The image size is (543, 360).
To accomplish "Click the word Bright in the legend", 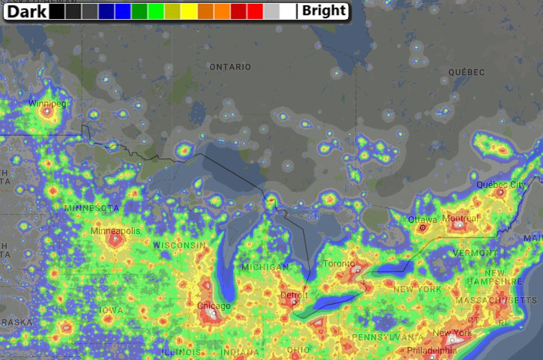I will pos(324,11).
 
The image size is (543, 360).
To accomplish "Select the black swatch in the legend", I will pos(57,11).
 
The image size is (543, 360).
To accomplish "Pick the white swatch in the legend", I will pos(288,11).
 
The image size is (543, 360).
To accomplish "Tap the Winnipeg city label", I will pos(47,103).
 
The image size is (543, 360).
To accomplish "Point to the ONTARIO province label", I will pos(230,66).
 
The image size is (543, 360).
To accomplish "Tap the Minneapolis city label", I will pos(115,231).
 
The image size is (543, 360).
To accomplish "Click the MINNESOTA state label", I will pos(92,208).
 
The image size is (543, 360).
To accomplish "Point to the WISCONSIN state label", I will pos(179,245).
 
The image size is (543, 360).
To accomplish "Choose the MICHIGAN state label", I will pos(265,267).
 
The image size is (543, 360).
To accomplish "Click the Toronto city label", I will pos(338,263).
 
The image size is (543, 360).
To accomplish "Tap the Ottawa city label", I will pos(422,219).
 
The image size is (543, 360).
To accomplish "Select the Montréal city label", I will pos(460,218).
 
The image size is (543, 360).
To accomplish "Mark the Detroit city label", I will pos(294,295).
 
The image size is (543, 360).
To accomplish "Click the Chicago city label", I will pos(214,306).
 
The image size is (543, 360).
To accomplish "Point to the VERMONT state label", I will pos(475,253).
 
